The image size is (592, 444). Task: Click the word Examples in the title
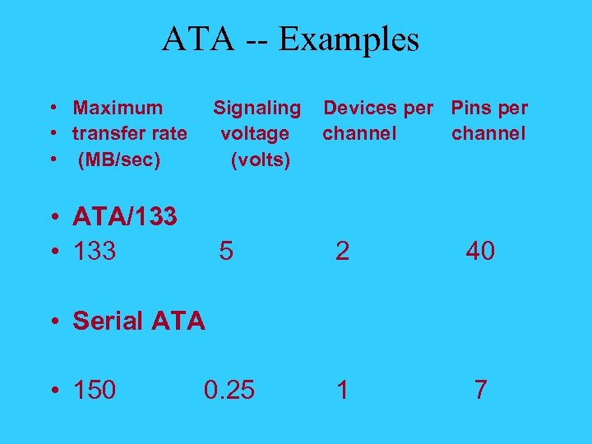[349, 39]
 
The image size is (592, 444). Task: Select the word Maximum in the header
[118, 108]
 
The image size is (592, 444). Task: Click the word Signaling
[257, 108]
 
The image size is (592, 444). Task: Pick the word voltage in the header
[255, 133]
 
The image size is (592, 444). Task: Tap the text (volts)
[261, 160]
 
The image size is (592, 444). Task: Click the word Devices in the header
[358, 108]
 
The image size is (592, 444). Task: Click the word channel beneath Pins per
[488, 133]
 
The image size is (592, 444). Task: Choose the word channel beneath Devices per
[359, 133]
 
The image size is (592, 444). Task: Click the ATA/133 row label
[125, 217]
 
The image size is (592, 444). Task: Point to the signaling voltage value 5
[226, 251]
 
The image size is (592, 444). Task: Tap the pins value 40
[480, 251]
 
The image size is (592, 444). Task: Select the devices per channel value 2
[342, 251]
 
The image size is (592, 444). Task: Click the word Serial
[108, 321]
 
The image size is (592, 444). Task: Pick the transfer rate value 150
[95, 390]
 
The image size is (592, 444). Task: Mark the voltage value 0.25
[229, 390]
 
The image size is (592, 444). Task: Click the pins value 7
[480, 390]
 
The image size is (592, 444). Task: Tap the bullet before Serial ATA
[52, 321]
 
